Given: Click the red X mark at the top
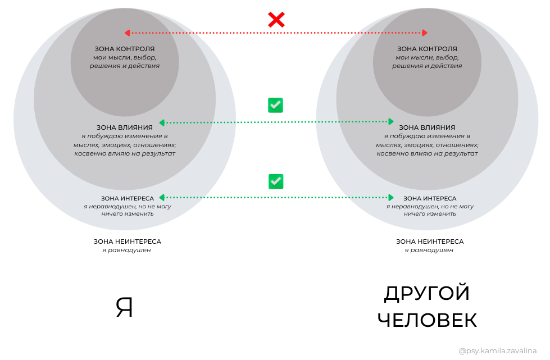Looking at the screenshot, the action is click(276, 20).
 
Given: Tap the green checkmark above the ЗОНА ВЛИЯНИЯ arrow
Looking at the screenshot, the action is click(275, 105).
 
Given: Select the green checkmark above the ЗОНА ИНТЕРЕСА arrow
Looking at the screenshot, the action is click(275, 181).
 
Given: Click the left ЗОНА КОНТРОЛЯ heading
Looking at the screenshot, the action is click(125, 49).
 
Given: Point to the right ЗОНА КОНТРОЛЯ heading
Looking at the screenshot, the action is click(427, 49).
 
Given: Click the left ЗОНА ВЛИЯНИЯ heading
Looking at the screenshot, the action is click(125, 127).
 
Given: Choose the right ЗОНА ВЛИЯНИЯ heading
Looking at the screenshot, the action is click(427, 127).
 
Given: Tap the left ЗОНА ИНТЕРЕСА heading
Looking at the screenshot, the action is click(128, 198).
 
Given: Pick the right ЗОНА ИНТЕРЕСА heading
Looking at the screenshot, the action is click(430, 198).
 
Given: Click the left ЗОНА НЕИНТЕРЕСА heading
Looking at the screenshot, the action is click(128, 241).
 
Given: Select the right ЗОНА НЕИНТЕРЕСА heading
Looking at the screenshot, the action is click(430, 241).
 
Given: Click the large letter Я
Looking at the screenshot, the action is click(124, 308).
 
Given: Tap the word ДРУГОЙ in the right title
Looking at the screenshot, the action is click(427, 294).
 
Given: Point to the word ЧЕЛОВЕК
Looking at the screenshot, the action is click(427, 320).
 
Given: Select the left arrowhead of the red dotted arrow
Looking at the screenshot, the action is click(128, 33).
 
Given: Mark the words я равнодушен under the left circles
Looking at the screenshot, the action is click(126, 250).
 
